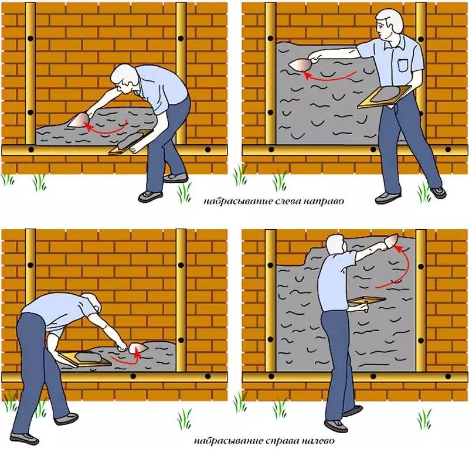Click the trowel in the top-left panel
[79, 120]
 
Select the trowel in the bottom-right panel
[390, 240]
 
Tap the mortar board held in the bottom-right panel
[367, 300]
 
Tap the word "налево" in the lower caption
[317, 441]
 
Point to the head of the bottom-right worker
[336, 244]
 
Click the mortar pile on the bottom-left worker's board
[87, 356]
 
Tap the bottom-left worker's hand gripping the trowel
[122, 348]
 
